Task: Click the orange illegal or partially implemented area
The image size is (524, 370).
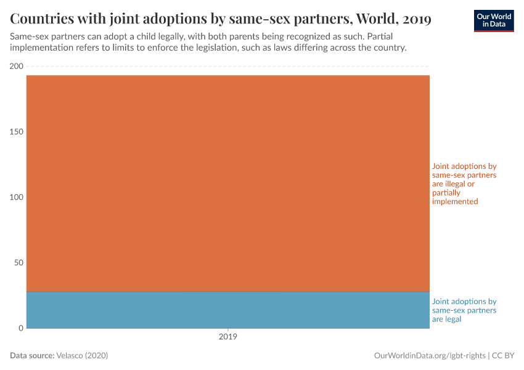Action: pos(228,183)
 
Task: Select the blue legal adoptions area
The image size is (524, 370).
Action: pos(228,310)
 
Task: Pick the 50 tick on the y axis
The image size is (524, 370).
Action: pos(18,263)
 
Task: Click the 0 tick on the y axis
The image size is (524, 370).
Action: pos(20,328)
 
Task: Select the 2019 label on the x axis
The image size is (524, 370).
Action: pos(228,337)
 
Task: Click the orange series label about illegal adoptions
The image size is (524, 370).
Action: pos(464,184)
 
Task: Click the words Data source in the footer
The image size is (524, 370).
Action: pos(32,356)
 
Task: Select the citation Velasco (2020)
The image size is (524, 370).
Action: pos(82,356)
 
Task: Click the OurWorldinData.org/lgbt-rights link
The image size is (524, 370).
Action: pos(430,356)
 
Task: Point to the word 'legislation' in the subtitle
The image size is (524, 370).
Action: pos(203,47)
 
